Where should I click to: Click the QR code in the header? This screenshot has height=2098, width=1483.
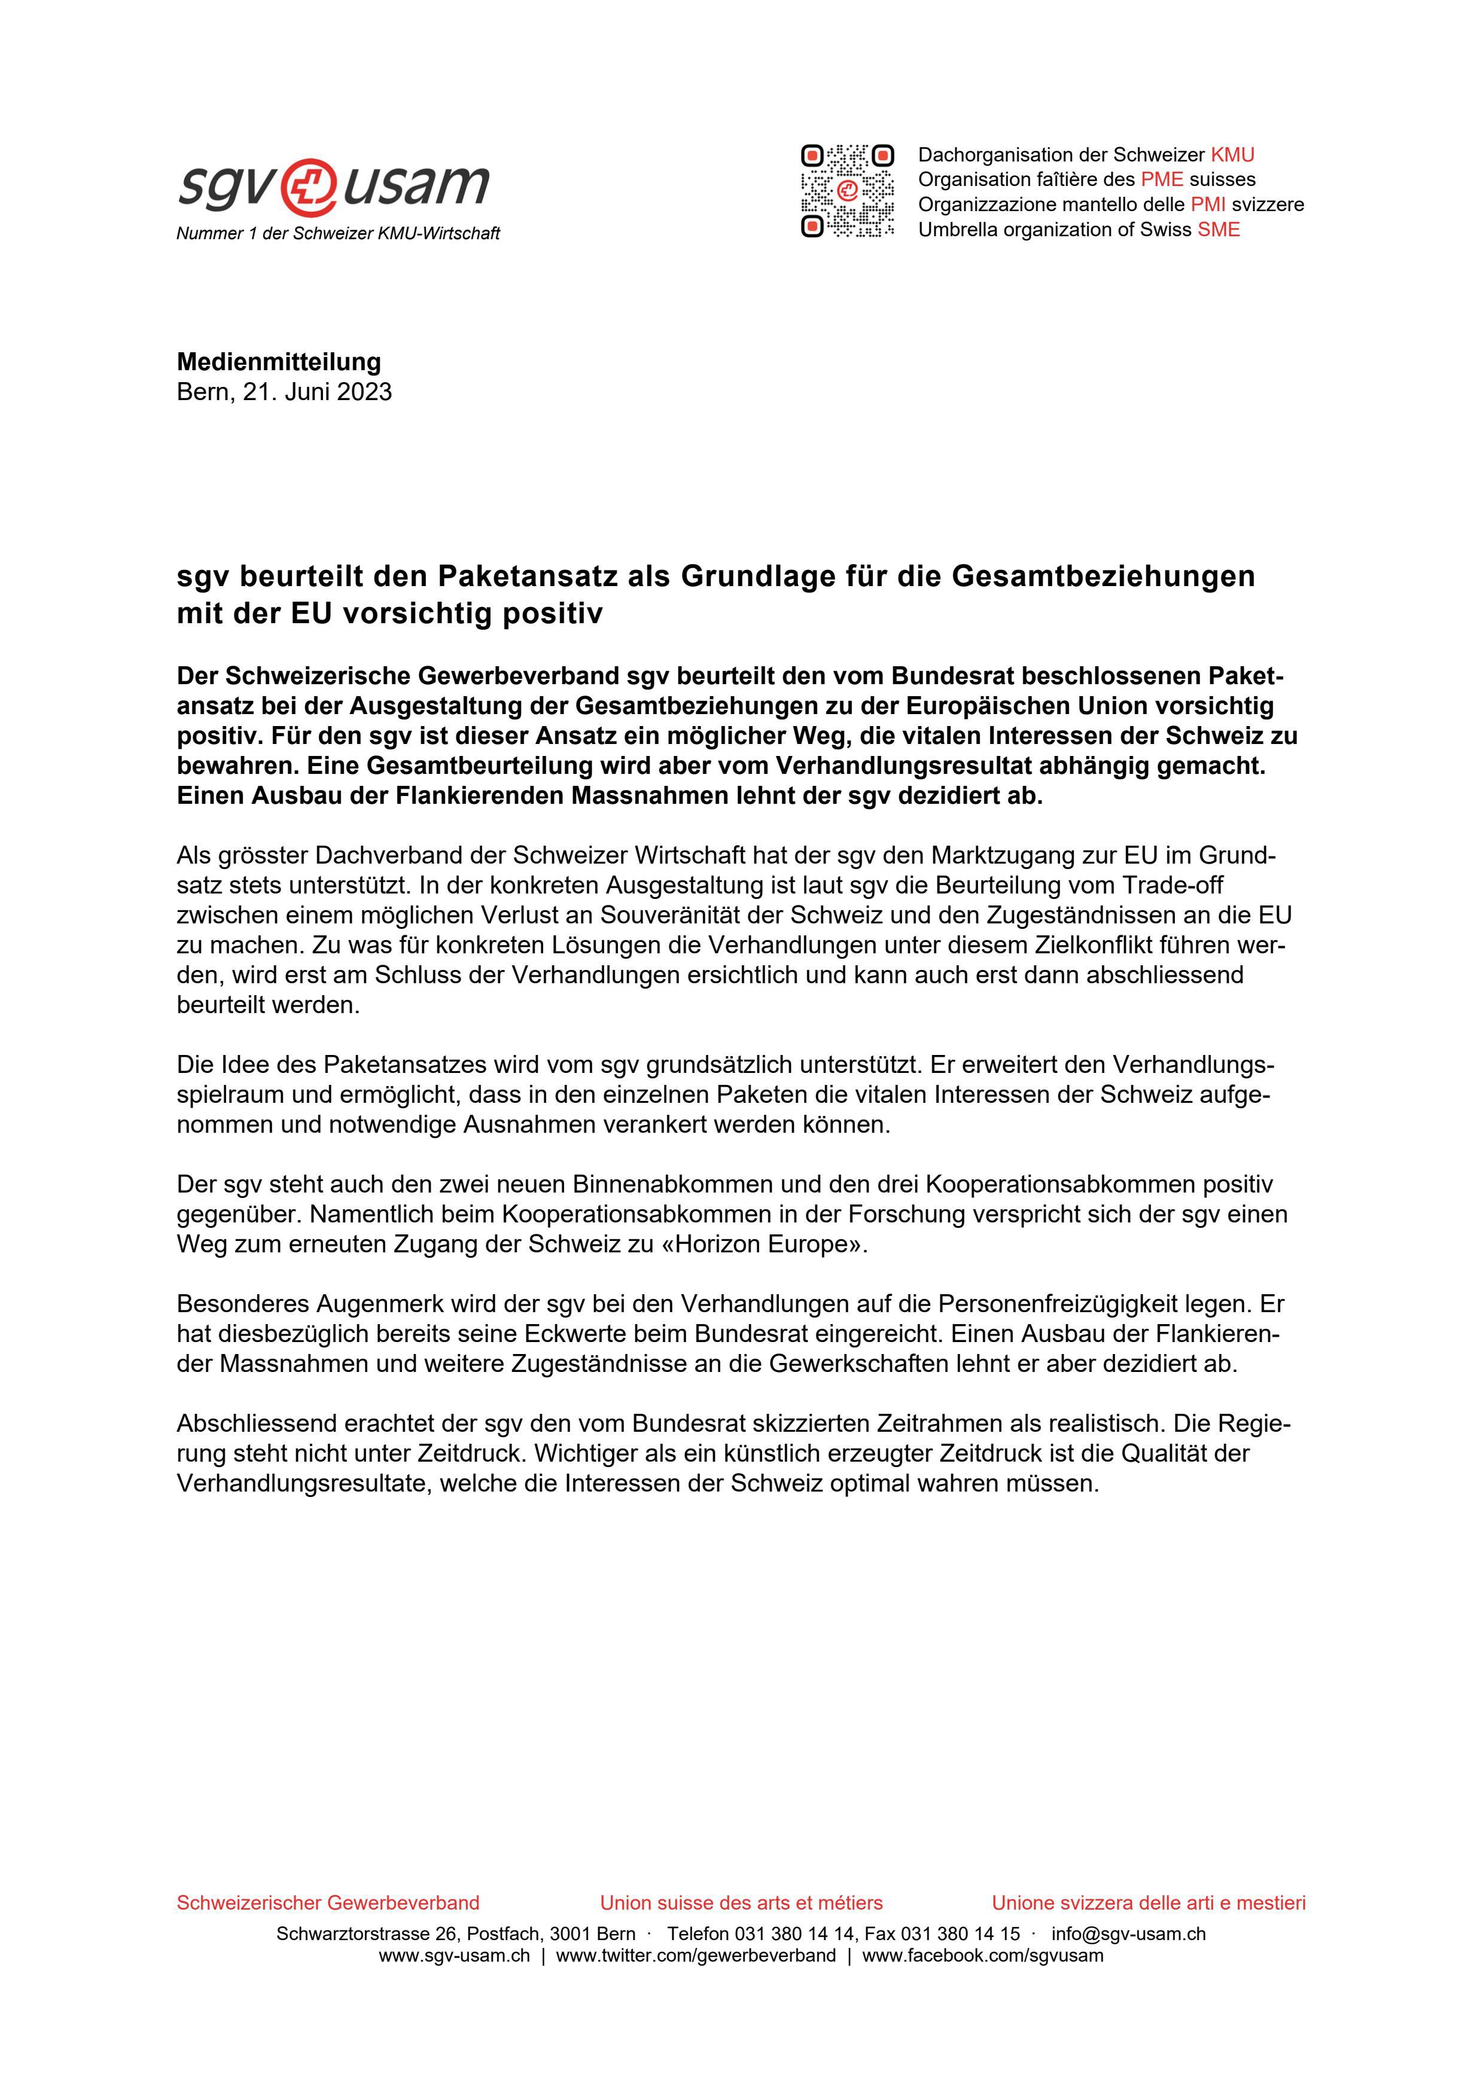(x=847, y=191)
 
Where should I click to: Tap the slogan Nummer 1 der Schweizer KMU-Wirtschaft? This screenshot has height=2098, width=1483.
(x=338, y=234)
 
